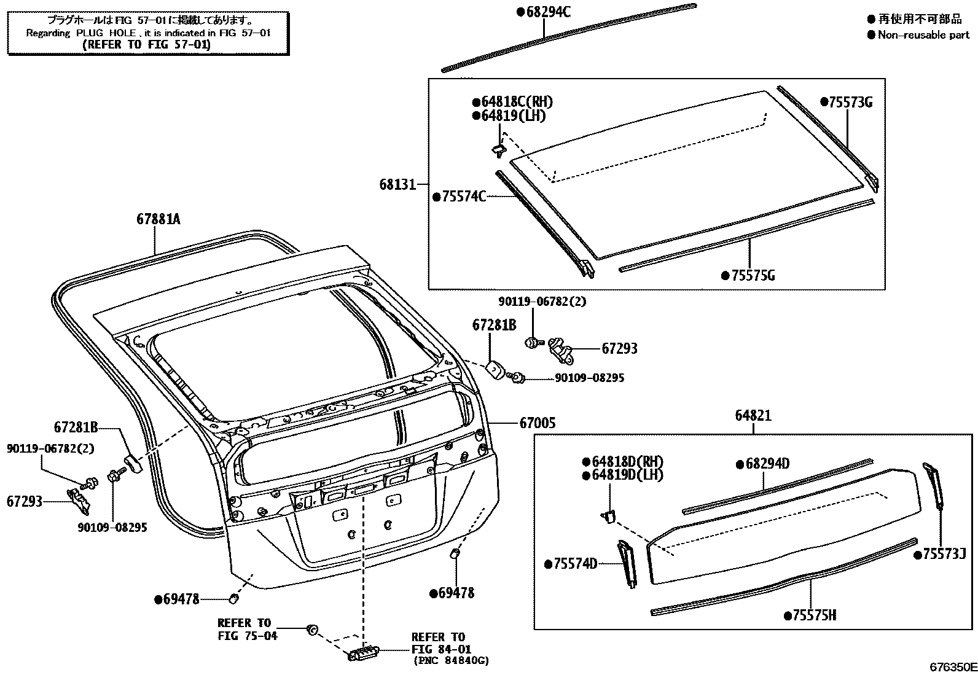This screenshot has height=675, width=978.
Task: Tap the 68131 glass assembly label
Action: [x=397, y=184]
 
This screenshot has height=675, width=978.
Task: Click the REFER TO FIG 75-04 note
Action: [x=247, y=630]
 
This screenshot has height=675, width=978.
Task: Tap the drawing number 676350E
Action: [x=952, y=668]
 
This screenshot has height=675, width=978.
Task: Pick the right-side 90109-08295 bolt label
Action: [x=589, y=378]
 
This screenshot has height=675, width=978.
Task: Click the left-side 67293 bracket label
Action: [x=25, y=501]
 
